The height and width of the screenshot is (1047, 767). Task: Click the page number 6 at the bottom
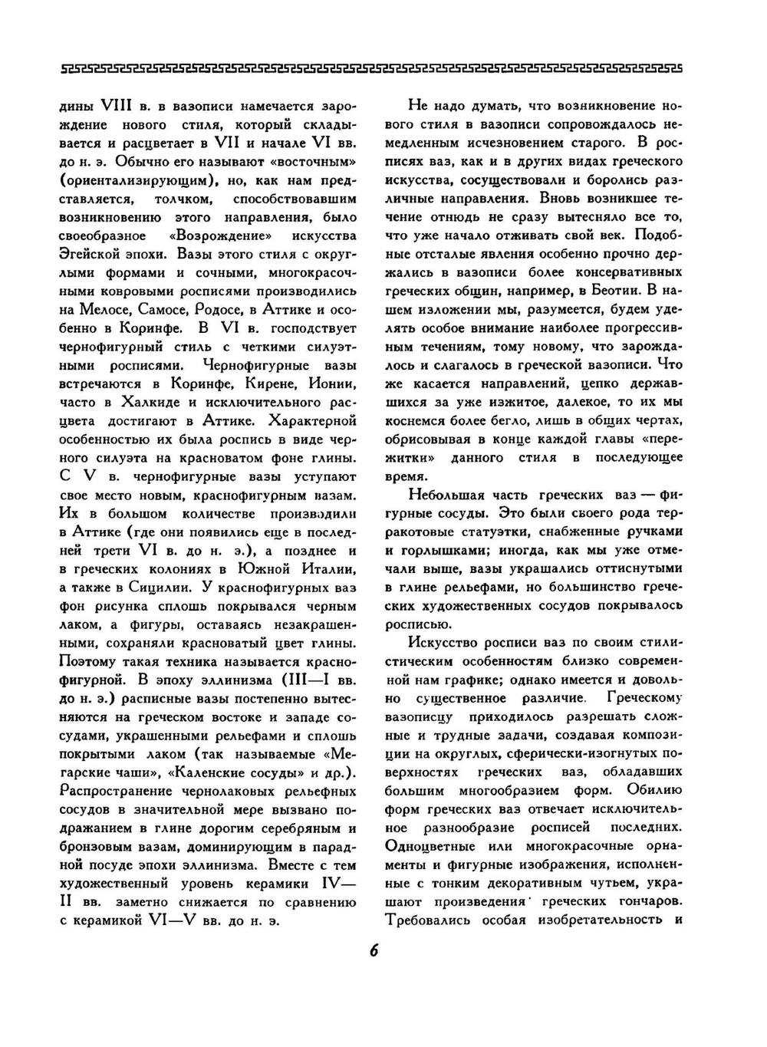click(374, 950)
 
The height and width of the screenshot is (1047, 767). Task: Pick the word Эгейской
click(89, 254)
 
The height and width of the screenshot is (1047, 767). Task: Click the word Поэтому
click(87, 661)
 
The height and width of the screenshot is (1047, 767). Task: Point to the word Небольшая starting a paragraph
click(449, 494)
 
